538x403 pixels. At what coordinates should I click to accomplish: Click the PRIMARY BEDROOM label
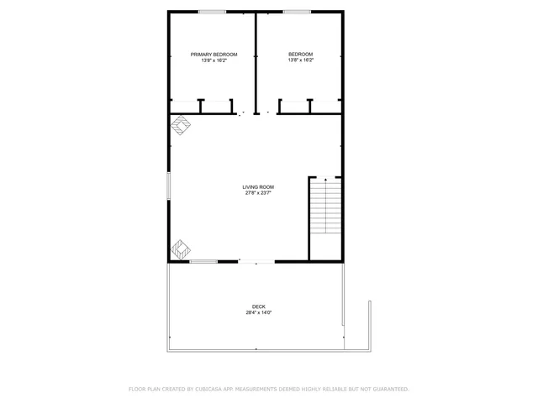point(214,55)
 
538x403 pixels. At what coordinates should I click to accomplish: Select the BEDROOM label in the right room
point(300,55)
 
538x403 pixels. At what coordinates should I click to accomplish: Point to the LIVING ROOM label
point(258,186)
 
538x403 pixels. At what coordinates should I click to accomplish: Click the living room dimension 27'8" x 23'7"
point(258,193)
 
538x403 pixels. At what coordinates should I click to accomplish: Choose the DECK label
point(258,306)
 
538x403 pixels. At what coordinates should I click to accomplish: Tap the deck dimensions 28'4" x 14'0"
point(258,313)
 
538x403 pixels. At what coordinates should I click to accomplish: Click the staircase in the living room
point(325,210)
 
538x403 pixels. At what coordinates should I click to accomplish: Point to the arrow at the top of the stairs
point(325,179)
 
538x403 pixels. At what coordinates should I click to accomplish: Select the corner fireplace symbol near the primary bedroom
point(181,126)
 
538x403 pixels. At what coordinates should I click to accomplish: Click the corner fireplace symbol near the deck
point(181,249)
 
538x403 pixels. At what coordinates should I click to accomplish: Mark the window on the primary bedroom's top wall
point(212,12)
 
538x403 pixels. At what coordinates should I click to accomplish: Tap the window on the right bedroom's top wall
point(296,12)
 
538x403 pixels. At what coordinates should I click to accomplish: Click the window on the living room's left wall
point(168,186)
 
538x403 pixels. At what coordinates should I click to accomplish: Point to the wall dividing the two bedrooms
point(256,59)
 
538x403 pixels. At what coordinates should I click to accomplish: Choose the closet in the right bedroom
point(309,107)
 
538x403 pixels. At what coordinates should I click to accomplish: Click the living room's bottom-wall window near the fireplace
point(203,262)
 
